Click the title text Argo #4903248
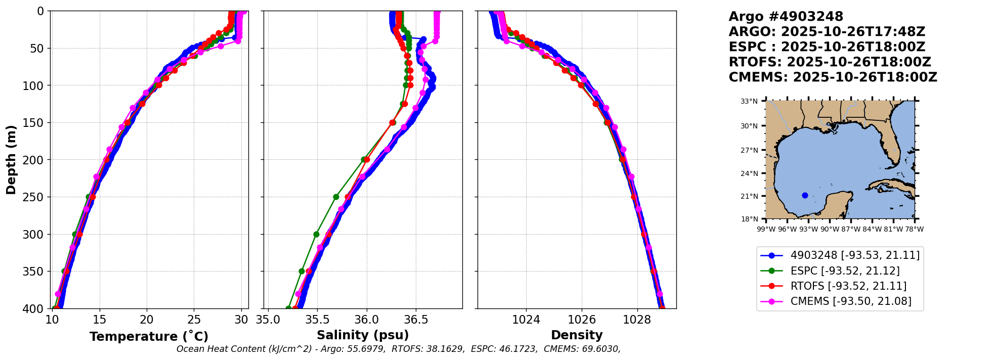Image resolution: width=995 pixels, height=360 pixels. [x=786, y=17]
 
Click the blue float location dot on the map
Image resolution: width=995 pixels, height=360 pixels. [x=805, y=195]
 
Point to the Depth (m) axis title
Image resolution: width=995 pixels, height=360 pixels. [x=11, y=160]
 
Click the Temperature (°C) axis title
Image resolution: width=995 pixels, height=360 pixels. [x=149, y=337]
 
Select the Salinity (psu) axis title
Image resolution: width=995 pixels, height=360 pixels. [x=363, y=335]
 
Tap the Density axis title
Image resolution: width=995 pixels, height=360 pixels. [x=577, y=335]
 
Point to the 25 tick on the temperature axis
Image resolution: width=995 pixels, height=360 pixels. [x=194, y=320]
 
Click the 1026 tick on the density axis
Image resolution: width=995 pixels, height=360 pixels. [x=582, y=320]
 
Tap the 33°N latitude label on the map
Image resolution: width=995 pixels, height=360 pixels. [x=749, y=101]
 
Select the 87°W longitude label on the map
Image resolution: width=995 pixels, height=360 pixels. [x=851, y=229]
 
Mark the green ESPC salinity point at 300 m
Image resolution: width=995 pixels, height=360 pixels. [x=317, y=234]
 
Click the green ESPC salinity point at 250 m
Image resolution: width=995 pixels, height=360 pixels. [x=336, y=197]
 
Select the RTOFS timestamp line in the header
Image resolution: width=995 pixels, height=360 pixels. [x=830, y=62]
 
